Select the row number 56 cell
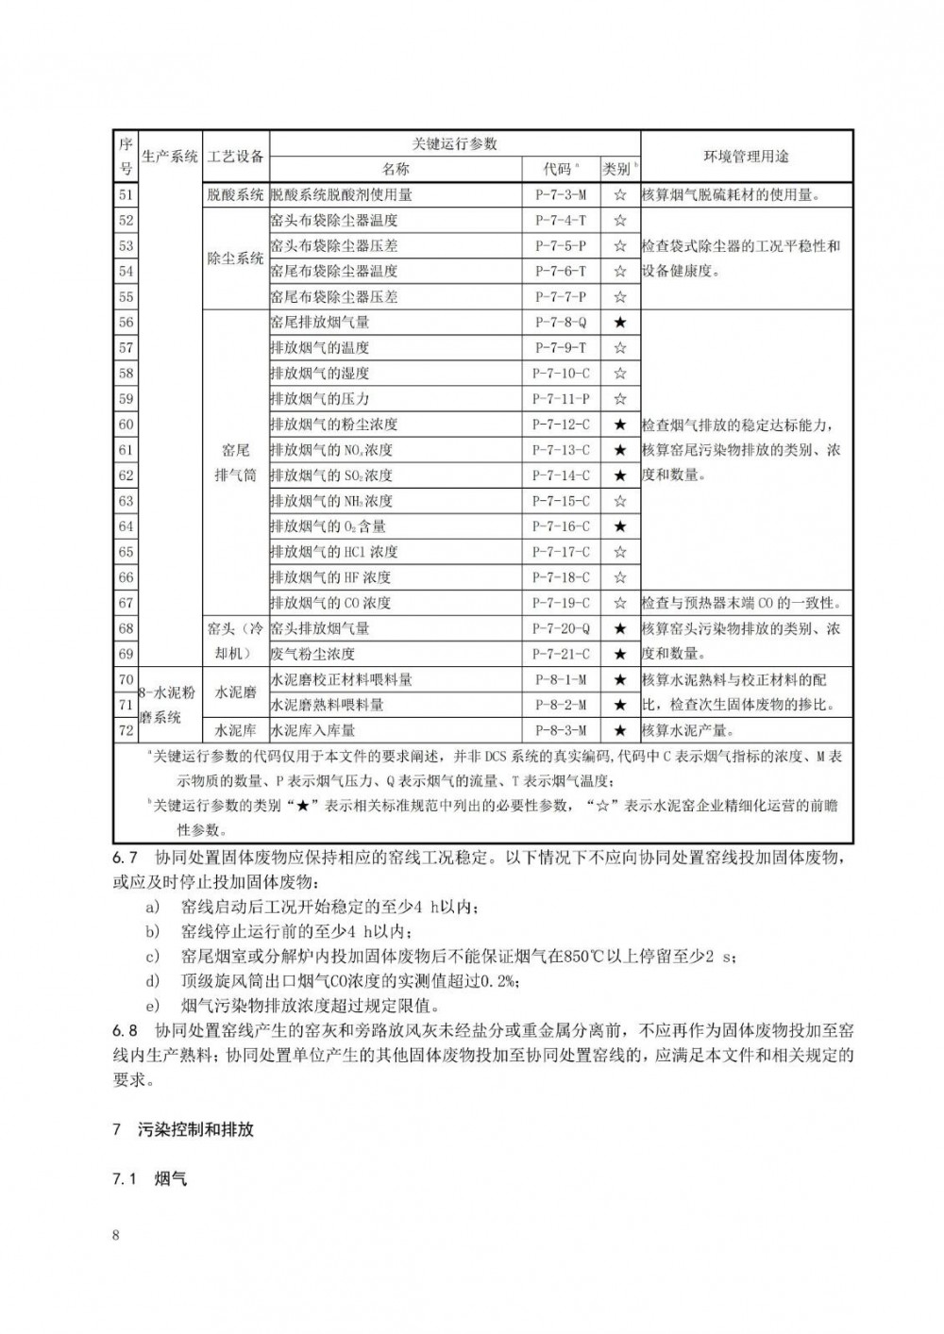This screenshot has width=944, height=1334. pos(126,323)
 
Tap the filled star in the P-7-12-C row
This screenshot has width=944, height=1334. pos(619,425)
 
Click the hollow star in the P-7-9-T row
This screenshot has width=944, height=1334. pos(619,348)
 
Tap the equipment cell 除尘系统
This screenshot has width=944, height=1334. pos(235,258)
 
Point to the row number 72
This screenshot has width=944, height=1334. pos(126,730)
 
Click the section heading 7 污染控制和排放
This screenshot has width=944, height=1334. pos(183,1129)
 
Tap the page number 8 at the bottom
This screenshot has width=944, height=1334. pos(116,1236)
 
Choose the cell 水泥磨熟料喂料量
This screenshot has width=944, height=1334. pos(327,705)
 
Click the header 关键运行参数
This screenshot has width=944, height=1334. pos(454,143)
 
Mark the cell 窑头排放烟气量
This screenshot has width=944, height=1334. pos(319,628)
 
